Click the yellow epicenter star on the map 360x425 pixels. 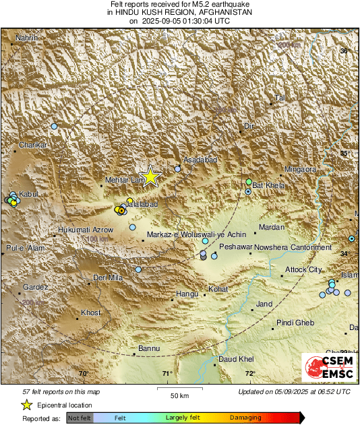point(151,176)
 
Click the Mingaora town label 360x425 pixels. point(300,170)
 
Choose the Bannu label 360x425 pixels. point(148,348)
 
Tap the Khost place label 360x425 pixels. point(90,313)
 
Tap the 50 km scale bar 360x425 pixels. point(179,389)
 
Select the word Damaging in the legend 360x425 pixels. point(245,418)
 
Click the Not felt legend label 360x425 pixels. point(80,418)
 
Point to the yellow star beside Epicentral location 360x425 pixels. point(26,405)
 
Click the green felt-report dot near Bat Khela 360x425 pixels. point(249,182)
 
